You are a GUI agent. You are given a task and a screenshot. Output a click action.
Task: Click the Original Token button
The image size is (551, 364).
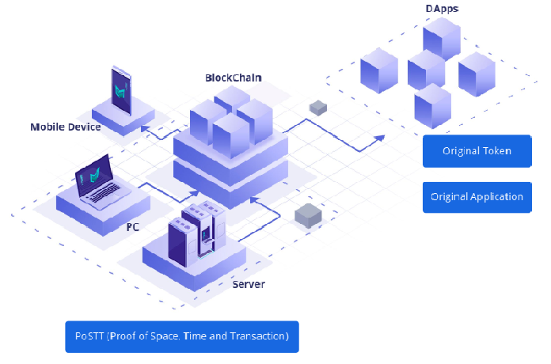[477, 150]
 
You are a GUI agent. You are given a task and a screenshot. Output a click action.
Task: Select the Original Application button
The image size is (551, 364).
[477, 196]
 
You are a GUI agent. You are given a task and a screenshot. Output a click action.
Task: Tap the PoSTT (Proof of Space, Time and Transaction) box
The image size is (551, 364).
[181, 336]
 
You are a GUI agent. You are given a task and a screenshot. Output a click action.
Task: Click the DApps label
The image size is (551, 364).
[442, 8]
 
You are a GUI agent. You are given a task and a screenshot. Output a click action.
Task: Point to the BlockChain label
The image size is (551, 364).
[234, 78]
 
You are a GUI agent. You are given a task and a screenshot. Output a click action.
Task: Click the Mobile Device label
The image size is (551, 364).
[66, 127]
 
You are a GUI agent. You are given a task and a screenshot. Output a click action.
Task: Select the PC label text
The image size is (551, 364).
[133, 226]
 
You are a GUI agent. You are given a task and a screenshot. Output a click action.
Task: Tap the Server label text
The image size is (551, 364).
[249, 284]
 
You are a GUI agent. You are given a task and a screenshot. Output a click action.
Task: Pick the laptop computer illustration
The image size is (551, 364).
[98, 185]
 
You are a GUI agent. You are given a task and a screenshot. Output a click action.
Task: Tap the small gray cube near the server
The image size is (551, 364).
[306, 214]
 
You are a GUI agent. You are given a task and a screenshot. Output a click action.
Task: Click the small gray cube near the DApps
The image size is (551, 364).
[318, 106]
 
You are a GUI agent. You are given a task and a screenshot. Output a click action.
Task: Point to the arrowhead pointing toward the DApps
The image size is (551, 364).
[381, 137]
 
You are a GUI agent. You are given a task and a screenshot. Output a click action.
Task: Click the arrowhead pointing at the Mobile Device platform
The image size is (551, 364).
[145, 127]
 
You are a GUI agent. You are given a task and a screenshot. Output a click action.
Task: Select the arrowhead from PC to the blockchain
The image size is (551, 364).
[196, 193]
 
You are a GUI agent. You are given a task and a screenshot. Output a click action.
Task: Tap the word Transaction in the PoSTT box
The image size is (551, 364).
[256, 336]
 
